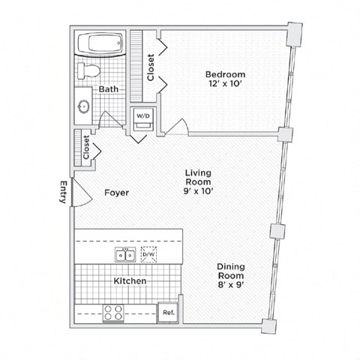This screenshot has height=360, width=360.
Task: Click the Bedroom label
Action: point(225,74)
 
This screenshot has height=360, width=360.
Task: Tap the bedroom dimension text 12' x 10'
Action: point(225,85)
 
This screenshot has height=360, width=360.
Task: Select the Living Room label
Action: point(199,177)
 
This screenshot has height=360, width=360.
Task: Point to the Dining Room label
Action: point(230,271)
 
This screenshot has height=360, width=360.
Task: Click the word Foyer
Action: point(116,193)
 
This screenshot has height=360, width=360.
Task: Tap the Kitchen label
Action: point(129,281)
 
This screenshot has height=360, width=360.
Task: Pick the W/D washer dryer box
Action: point(142,117)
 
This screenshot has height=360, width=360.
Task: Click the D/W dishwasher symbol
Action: point(148,255)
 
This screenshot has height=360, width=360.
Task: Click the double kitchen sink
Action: point(124,255)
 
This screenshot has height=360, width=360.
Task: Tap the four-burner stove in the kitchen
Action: point(113,312)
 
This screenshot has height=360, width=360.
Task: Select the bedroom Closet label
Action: point(151,67)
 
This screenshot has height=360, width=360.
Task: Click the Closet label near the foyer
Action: point(86,147)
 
